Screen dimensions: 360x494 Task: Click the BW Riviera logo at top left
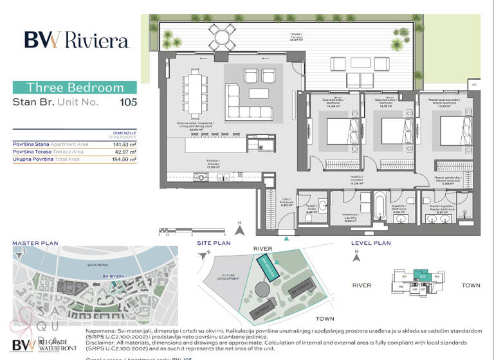coord(77,40)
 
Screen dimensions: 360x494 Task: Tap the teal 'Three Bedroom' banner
coord(75,87)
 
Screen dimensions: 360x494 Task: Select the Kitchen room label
coord(214,163)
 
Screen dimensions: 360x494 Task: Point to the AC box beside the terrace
coord(474,84)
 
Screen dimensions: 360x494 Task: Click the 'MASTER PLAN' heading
coord(35,244)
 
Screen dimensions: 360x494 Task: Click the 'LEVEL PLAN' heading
coord(370,244)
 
